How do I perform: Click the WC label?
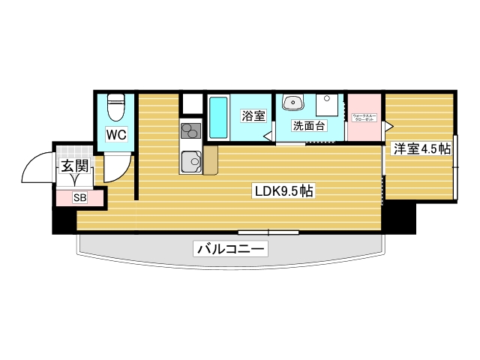coord(115,135)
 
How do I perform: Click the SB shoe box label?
coord(79,198)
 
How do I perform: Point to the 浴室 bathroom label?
coord(252,116)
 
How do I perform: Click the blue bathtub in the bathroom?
coord(217,118)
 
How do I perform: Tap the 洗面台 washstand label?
coord(308,126)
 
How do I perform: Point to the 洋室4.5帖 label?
coord(421,148)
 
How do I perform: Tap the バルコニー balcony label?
coord(231,248)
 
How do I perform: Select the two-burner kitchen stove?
coord(190,130)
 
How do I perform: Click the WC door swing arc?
coord(118,169)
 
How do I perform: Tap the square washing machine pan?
coord(328,104)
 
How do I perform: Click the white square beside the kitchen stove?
coord(192,103)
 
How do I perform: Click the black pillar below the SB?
coord(64,220)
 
